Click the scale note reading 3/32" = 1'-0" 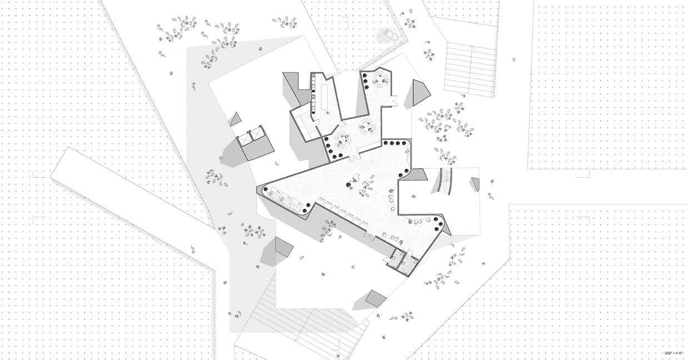675,352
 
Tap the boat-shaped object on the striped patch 388,35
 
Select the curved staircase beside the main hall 445,181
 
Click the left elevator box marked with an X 246,137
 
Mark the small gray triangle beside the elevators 236,118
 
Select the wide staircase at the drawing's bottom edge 300,328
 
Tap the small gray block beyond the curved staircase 475,184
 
